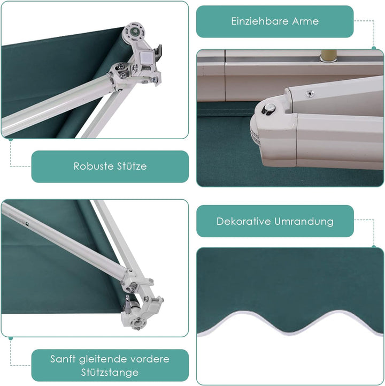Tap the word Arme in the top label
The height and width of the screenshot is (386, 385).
tap(305, 21)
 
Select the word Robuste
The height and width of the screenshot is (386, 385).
tap(93, 166)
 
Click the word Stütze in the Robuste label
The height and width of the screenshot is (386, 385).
tap(132, 166)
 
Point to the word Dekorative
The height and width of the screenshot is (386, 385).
tap(243, 221)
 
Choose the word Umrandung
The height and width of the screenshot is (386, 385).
tap(304, 221)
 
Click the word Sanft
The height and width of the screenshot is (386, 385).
tap(63, 359)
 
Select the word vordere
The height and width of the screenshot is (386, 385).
tap(150, 359)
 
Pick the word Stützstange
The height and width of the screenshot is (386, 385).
tap(110, 373)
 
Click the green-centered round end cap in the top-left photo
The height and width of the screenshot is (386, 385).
tap(134, 32)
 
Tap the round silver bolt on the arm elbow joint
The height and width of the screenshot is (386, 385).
tap(269, 108)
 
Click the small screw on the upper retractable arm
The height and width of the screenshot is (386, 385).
tap(310, 94)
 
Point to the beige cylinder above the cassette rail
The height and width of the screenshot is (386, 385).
tap(329, 55)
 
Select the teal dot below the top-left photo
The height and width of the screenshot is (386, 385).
tap(11, 140)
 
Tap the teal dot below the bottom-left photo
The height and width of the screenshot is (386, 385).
tap(11, 338)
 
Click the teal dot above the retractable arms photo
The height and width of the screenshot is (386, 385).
tap(374, 48)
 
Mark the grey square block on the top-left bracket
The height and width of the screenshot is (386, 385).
tap(146, 59)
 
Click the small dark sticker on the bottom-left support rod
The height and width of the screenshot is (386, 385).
tap(27, 224)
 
